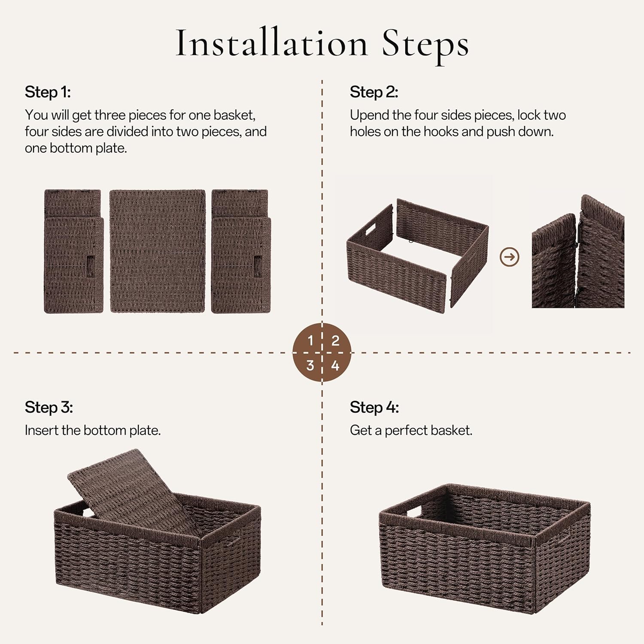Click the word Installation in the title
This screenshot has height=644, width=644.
[x=271, y=43]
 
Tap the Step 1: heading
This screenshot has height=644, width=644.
[x=47, y=92]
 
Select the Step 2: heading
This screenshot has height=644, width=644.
[x=374, y=92]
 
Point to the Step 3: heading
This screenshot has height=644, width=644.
[x=49, y=407]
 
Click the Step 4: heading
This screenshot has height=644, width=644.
[x=374, y=407]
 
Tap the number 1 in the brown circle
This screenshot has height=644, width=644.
[x=310, y=341]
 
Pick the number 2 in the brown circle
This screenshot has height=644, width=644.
[x=335, y=341]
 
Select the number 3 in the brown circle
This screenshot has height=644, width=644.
[x=310, y=365]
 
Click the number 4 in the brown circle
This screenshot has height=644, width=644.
[x=335, y=366]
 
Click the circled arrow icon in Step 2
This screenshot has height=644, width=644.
[x=510, y=257]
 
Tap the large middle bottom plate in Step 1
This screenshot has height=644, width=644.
[x=158, y=251]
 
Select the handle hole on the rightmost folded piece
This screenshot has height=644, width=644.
[x=258, y=267]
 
